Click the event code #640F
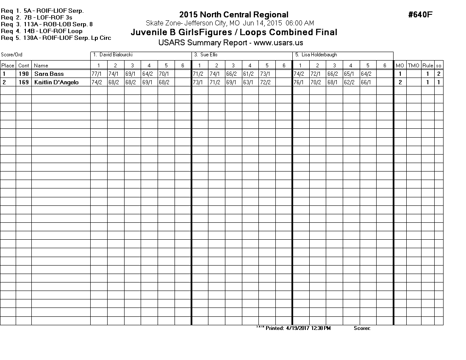click(420, 15)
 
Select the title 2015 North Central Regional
click(234, 15)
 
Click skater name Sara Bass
click(49, 74)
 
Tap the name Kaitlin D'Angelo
click(56, 82)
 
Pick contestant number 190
click(24, 74)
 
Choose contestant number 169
click(24, 82)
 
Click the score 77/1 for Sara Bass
click(97, 74)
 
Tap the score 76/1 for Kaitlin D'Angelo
click(299, 82)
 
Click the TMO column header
click(413, 66)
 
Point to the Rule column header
click(427, 66)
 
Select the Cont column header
click(24, 66)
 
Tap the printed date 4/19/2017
click(299, 328)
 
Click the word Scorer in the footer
click(362, 328)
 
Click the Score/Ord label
click(11, 55)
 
